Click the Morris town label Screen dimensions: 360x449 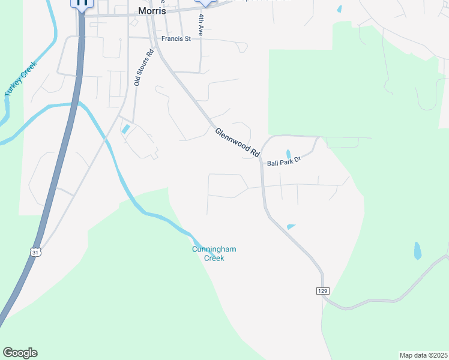point(152,11)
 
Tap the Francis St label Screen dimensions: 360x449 point(175,39)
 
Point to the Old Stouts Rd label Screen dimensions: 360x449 point(145,67)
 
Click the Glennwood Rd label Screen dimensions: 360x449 point(237,143)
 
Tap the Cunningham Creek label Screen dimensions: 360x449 point(208,254)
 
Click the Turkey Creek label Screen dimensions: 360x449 point(20,79)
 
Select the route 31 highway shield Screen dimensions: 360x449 point(35,253)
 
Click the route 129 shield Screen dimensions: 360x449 point(322,290)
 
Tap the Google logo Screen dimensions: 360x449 point(20,352)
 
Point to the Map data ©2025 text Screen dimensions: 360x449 point(423,355)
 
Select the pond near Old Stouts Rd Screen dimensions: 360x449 point(126,128)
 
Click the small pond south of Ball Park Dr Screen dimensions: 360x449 point(291,227)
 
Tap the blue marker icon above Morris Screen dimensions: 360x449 point(82,3)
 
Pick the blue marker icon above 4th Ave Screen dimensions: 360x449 point(205,2)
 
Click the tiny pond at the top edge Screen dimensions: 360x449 point(340,9)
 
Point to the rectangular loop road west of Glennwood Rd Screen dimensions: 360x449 point(227,185)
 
